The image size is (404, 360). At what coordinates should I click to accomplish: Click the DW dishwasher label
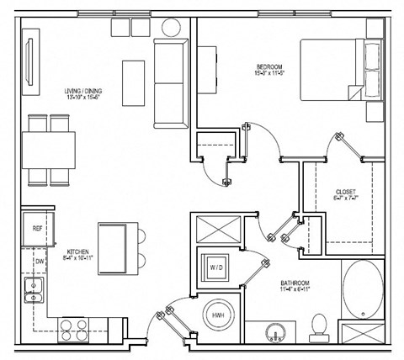click(x=38, y=261)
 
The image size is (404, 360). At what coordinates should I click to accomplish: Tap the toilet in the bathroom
click(x=319, y=324)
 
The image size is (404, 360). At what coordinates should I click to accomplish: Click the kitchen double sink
click(x=34, y=291)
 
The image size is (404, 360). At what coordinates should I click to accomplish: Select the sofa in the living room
click(x=173, y=83)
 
